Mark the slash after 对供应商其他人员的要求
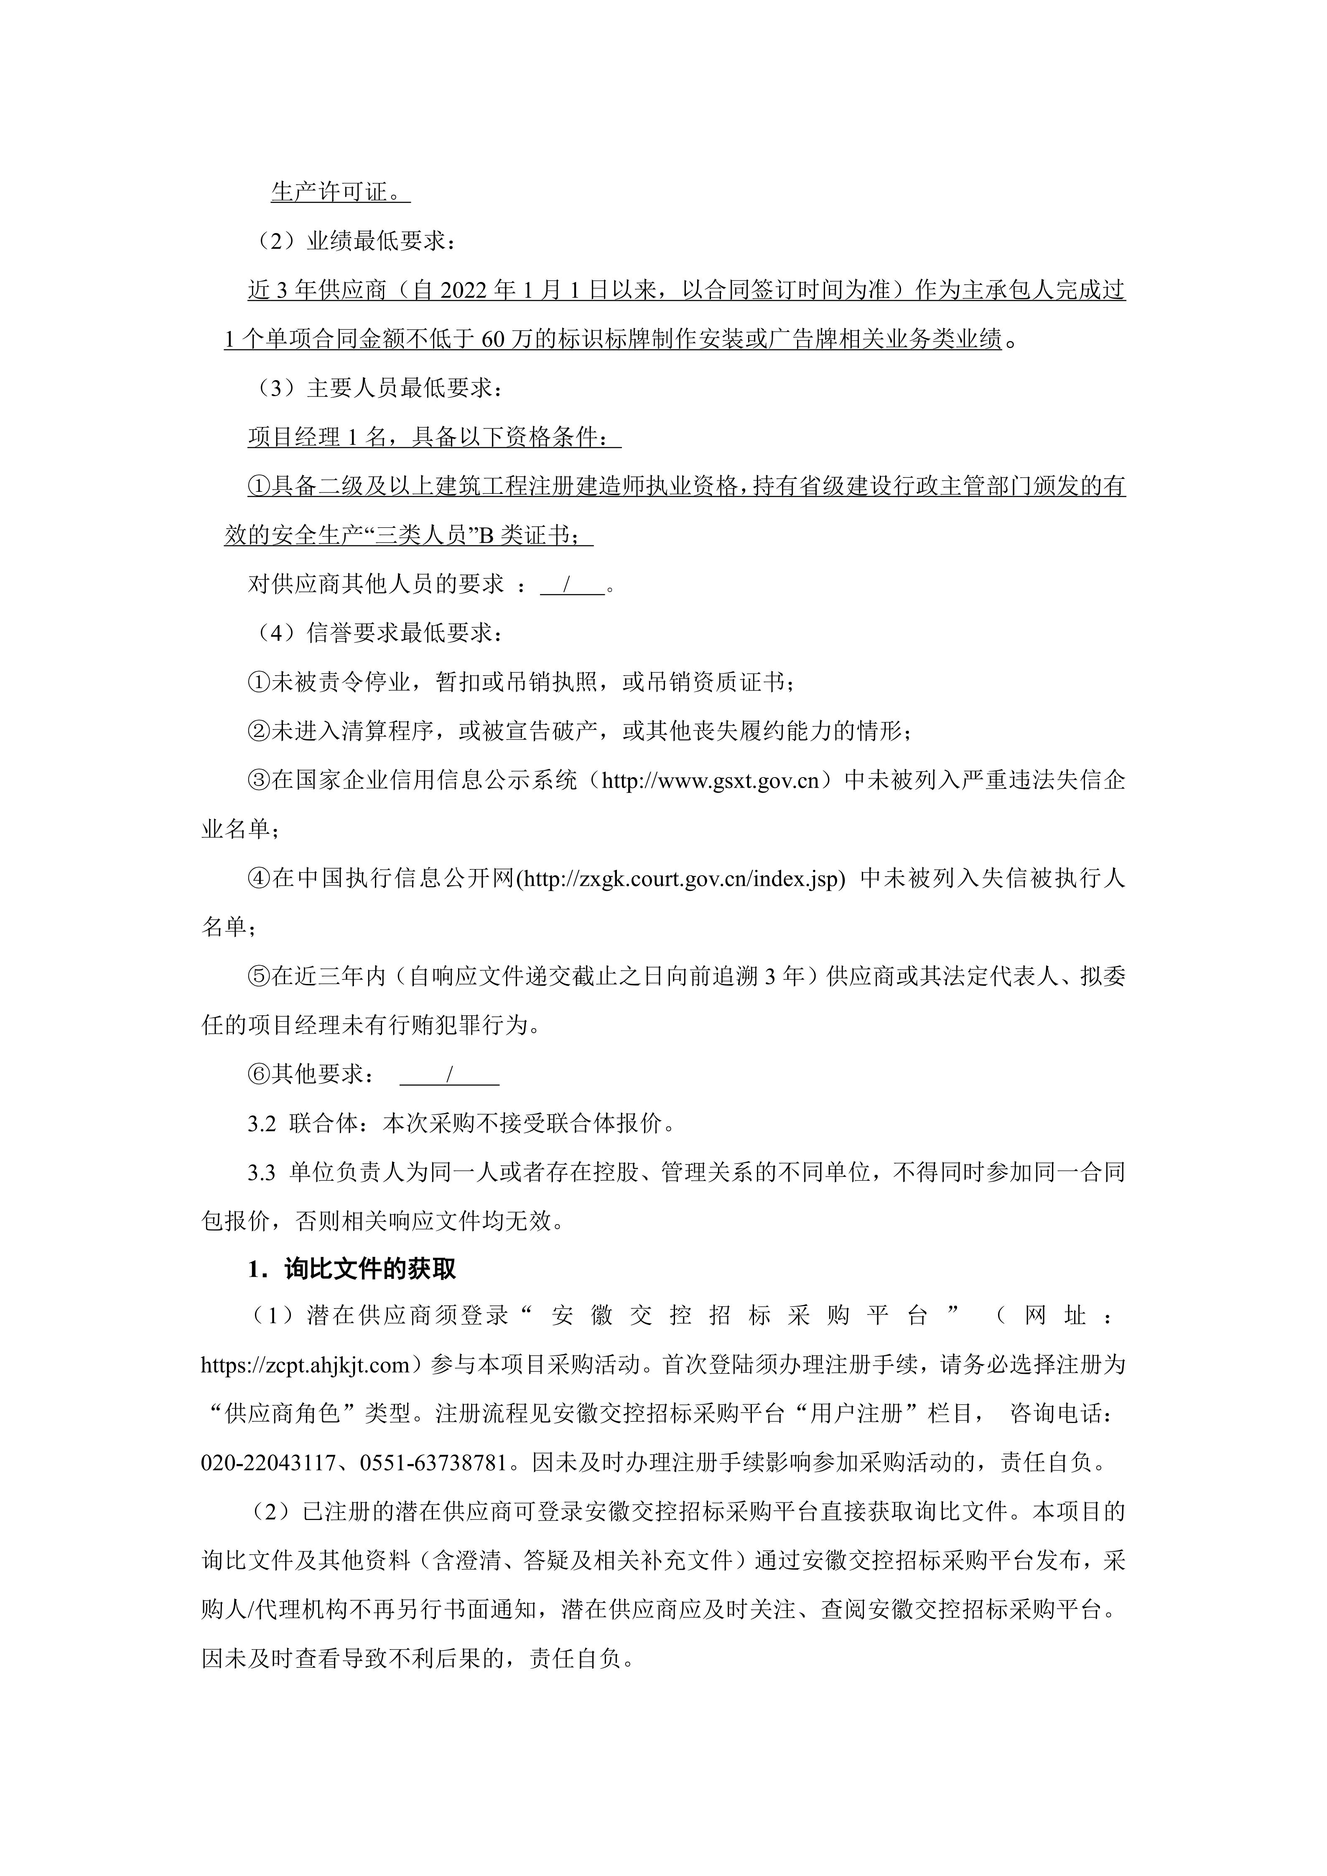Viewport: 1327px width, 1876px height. [x=566, y=585]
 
